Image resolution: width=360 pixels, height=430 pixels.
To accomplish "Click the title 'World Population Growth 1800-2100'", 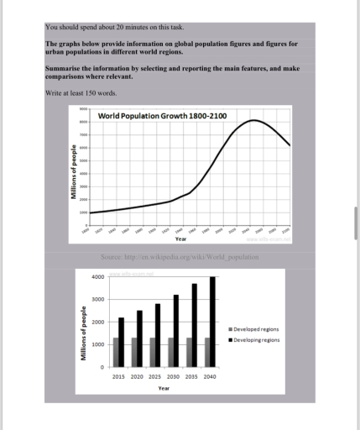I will pyautogui.click(x=162, y=115).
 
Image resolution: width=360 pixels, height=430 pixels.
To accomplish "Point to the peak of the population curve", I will pyautogui.click(x=255, y=121).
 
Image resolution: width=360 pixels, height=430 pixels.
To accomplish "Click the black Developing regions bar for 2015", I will pyautogui.click(x=122, y=342).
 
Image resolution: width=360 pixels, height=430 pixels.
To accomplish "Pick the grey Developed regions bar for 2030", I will pyautogui.click(x=170, y=352).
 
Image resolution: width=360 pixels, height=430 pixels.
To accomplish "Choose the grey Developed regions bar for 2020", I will pyautogui.click(x=133, y=352).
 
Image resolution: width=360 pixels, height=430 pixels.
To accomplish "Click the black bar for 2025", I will pyautogui.click(x=158, y=335).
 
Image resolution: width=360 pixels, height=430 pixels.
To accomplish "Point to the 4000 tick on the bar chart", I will pyautogui.click(x=98, y=277).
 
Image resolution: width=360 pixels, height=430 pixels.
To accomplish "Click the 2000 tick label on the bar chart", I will pyautogui.click(x=98, y=322).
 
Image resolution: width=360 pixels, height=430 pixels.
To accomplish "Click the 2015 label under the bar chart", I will pyautogui.click(x=118, y=376).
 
